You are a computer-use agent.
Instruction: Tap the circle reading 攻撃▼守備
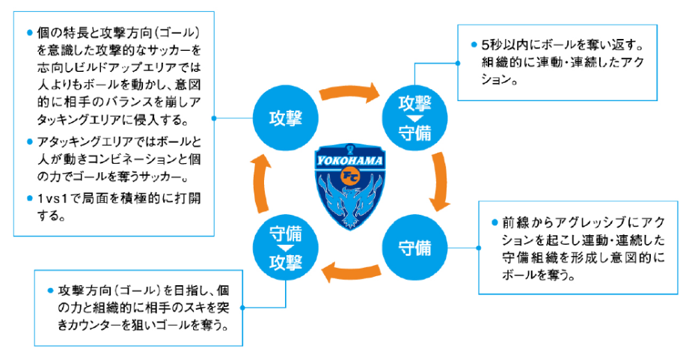[413, 117]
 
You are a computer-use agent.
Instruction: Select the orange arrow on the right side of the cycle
[441, 183]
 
